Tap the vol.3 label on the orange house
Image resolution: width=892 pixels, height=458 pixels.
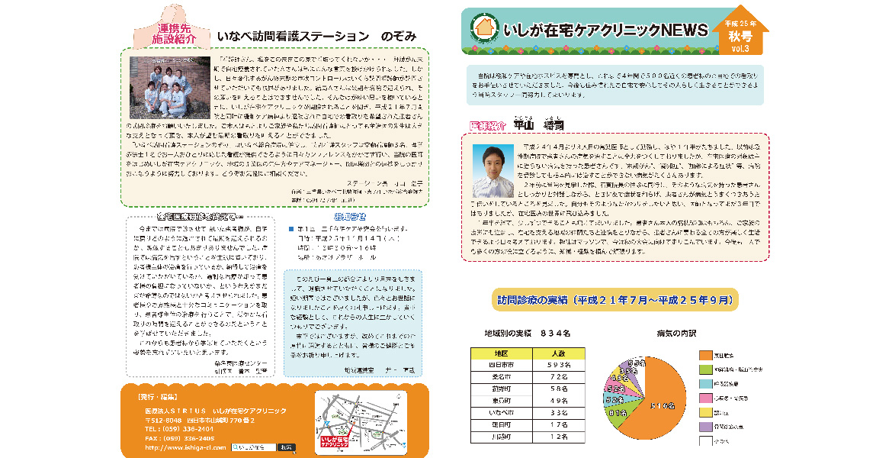pos(740,48)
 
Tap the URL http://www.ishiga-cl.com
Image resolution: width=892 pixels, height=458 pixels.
pos(185,447)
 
